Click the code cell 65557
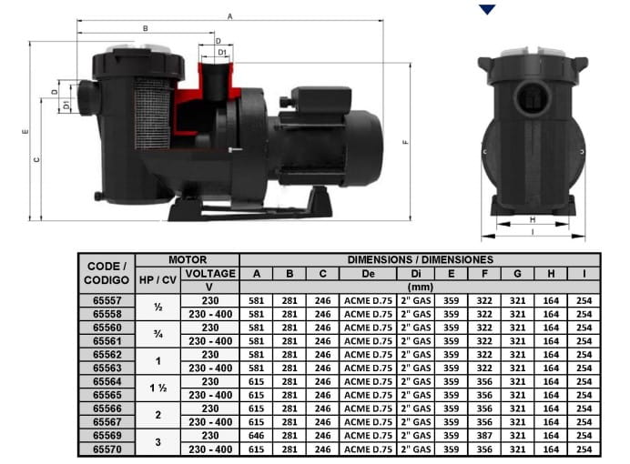[x=107, y=300]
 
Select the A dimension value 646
[x=256, y=436]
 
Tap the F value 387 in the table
[x=484, y=436]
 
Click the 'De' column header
[x=368, y=274]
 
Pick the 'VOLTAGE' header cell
[x=210, y=274]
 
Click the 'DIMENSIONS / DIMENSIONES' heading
[x=420, y=259]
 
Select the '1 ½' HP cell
[x=157, y=388]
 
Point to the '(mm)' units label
[x=420, y=287]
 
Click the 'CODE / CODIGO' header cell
[x=107, y=273]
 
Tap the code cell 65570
[x=107, y=449]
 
